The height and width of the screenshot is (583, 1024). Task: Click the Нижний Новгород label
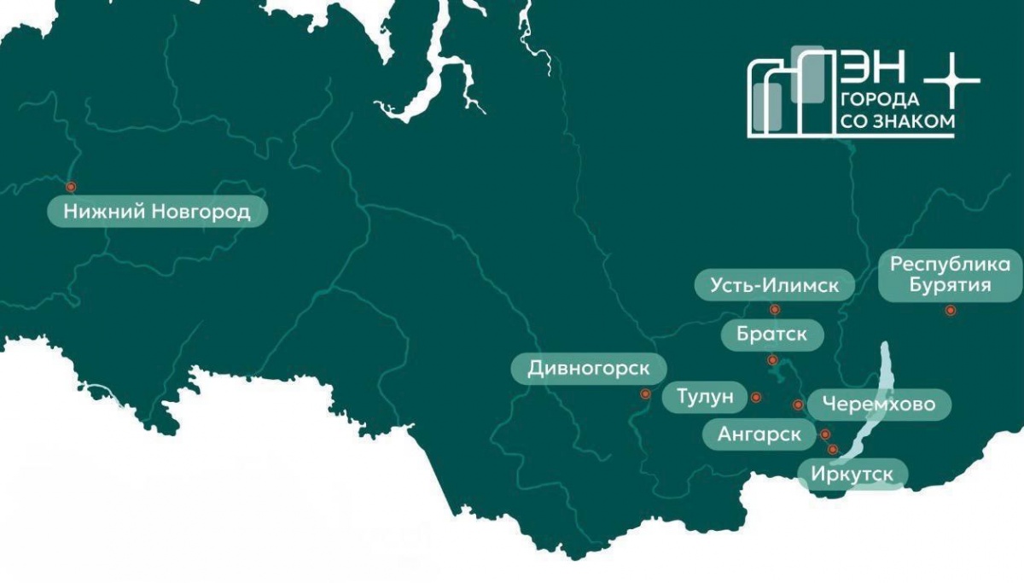tap(157, 211)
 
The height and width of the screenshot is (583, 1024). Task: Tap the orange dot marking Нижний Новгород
tap(71, 186)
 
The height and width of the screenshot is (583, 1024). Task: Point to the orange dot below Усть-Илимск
tap(775, 310)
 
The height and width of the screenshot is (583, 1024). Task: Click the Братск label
tap(771, 335)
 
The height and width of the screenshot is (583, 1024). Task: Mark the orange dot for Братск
tap(772, 359)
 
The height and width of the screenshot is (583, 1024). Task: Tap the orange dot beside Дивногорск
tap(645, 394)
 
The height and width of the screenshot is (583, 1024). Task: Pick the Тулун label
tap(705, 397)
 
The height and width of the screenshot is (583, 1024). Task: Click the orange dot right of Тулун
tap(755, 397)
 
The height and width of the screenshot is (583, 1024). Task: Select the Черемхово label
tap(878, 404)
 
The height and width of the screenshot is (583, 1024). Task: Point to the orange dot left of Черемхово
tap(798, 405)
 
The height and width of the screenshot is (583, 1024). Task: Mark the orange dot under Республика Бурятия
tap(950, 311)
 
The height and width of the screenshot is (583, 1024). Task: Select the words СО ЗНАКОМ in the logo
tap(898, 122)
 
